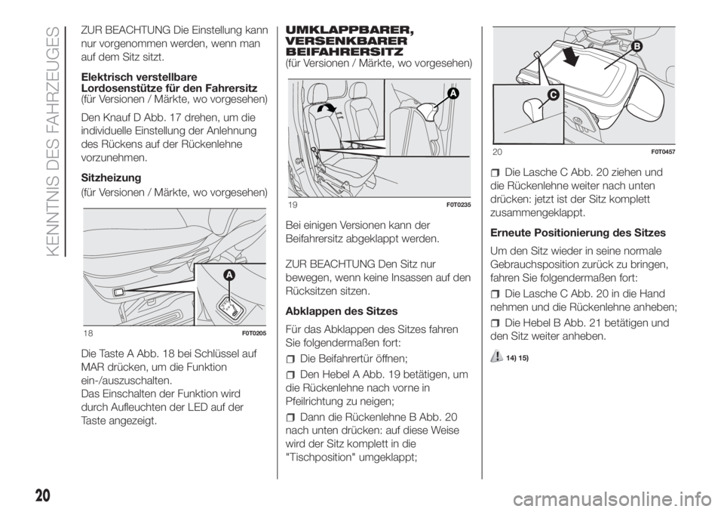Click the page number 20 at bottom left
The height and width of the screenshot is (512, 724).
coord(41,496)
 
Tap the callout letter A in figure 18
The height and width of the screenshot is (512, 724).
coord(229,276)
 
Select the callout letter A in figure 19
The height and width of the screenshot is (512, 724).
coord(453,94)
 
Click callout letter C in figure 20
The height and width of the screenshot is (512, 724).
coord(553,95)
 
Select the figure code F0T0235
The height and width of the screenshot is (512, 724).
coord(459,205)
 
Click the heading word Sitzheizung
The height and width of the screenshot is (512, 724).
coord(111,178)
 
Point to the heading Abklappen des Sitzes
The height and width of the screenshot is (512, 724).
coord(341,311)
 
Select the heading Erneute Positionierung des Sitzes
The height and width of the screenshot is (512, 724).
coord(578,233)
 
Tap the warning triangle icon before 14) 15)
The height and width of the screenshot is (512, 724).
coord(497,356)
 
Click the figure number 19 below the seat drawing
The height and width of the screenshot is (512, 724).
coord(291,205)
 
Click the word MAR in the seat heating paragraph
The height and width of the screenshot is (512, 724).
coord(92,368)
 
